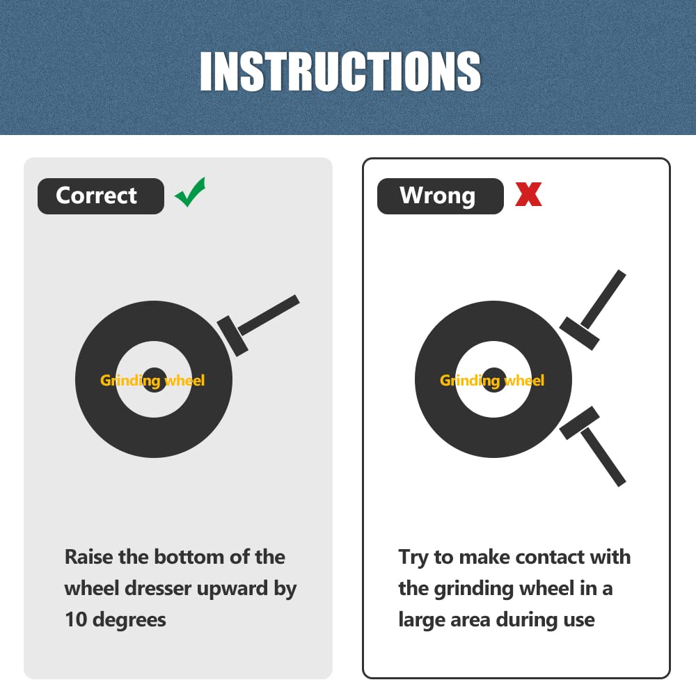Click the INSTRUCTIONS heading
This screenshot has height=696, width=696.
click(x=340, y=71)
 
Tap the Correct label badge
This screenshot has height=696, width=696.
click(x=101, y=196)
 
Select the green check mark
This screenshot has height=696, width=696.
click(x=191, y=192)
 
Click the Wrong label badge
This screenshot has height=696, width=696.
click(x=441, y=196)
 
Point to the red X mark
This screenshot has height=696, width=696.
click(x=528, y=194)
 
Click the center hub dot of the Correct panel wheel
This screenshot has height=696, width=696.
click(x=154, y=380)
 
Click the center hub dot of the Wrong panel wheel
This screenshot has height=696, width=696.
click(x=493, y=380)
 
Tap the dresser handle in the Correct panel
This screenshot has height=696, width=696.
click(x=269, y=315)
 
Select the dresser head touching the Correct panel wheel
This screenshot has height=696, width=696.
click(x=232, y=336)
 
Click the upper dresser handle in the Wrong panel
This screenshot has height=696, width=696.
click(x=603, y=299)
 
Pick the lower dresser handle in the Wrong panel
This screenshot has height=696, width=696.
click(x=603, y=457)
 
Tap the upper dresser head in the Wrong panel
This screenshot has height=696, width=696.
click(x=579, y=333)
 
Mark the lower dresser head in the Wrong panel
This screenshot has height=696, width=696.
click(x=579, y=423)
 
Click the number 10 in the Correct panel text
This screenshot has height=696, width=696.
click(x=76, y=619)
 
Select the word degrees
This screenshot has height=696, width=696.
click(x=129, y=621)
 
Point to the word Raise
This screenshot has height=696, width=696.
click(x=89, y=557)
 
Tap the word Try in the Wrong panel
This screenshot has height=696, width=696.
click(x=413, y=558)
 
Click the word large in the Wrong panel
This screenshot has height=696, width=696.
click(x=421, y=621)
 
